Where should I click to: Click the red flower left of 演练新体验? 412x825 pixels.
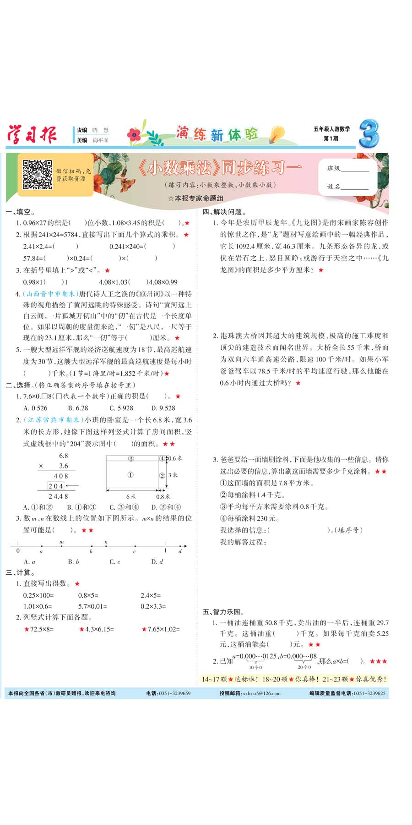click(134, 134)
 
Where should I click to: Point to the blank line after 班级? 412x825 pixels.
click(355, 170)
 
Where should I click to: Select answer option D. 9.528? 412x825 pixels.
click(163, 408)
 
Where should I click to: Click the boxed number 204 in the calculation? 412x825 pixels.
click(55, 486)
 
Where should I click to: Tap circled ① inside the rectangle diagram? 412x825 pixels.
click(130, 475)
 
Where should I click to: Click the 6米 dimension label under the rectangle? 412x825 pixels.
click(131, 496)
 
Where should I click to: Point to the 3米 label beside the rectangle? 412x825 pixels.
click(173, 475)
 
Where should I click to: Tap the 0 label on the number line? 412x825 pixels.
click(18, 551)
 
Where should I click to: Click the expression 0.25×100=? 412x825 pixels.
click(38, 595)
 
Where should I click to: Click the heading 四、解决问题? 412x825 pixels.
click(224, 212)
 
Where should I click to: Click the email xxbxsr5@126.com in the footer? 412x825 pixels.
click(261, 693)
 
